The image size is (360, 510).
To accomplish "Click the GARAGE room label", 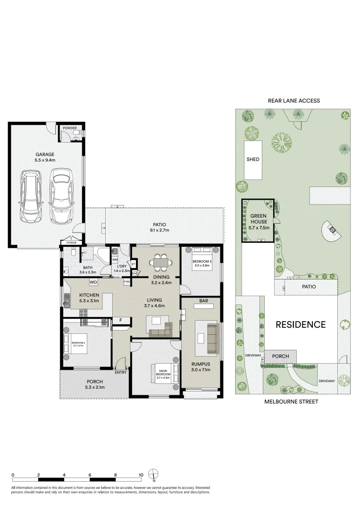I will (x=45, y=154).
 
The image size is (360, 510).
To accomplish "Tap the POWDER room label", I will (x=70, y=128).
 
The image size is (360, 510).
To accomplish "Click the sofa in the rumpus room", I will (x=212, y=338).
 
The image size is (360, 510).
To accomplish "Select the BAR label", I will (x=203, y=300).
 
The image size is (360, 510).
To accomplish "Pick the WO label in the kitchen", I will (x=93, y=282).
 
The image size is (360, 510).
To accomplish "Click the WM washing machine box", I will (x=114, y=260).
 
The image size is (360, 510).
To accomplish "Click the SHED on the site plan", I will (x=253, y=160).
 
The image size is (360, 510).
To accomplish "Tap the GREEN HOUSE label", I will (x=259, y=219).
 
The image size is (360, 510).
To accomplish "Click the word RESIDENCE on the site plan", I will (x=301, y=324).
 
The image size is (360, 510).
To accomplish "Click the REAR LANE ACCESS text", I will (x=293, y=101).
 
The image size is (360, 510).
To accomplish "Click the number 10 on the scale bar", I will (x=141, y=475).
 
